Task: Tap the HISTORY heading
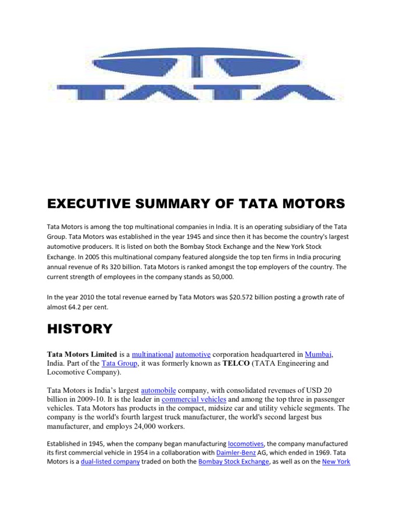(x=79, y=328)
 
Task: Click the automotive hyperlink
(x=193, y=354)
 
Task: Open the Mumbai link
(x=319, y=354)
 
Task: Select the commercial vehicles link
(x=194, y=399)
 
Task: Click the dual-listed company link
(x=110, y=461)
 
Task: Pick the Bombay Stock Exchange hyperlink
(x=234, y=461)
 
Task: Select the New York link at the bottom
(x=336, y=461)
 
